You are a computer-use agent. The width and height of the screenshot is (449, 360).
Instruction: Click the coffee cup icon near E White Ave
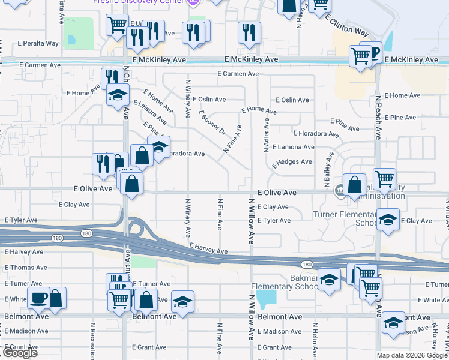point(40,298)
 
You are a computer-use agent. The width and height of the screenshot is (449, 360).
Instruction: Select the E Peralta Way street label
point(38,43)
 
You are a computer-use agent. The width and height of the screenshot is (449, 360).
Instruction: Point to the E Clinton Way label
point(346,24)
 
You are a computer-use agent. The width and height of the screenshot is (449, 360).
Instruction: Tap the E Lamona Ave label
point(293,146)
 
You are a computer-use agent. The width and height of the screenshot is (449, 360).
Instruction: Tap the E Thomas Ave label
point(26,268)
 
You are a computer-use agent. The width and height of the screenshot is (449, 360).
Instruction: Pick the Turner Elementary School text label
point(344,218)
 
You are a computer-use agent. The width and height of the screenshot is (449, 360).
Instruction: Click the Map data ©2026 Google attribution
point(411,355)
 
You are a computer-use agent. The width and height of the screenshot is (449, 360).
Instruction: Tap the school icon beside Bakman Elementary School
point(329,280)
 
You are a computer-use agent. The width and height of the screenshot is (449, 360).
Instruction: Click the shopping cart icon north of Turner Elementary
point(384,178)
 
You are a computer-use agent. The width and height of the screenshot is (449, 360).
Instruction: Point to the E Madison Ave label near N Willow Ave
point(279,331)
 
